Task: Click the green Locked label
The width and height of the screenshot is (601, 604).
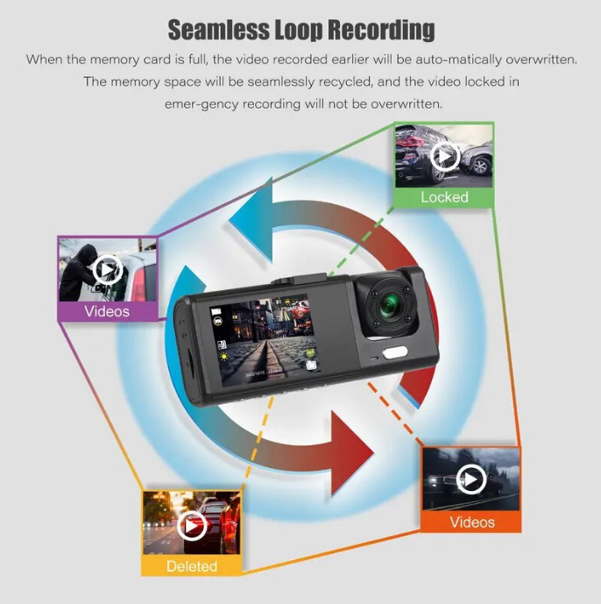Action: tap(444, 197)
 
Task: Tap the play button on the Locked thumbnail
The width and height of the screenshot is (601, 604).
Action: tap(445, 156)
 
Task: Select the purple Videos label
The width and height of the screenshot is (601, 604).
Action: tap(107, 311)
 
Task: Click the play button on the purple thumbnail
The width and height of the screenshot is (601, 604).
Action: tap(107, 268)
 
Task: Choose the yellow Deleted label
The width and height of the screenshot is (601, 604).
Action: tap(191, 566)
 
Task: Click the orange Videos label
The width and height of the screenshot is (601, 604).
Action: tap(471, 522)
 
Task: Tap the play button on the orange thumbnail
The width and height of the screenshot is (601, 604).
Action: tap(471, 480)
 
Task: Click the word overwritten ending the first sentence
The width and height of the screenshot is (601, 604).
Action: tap(534, 60)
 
